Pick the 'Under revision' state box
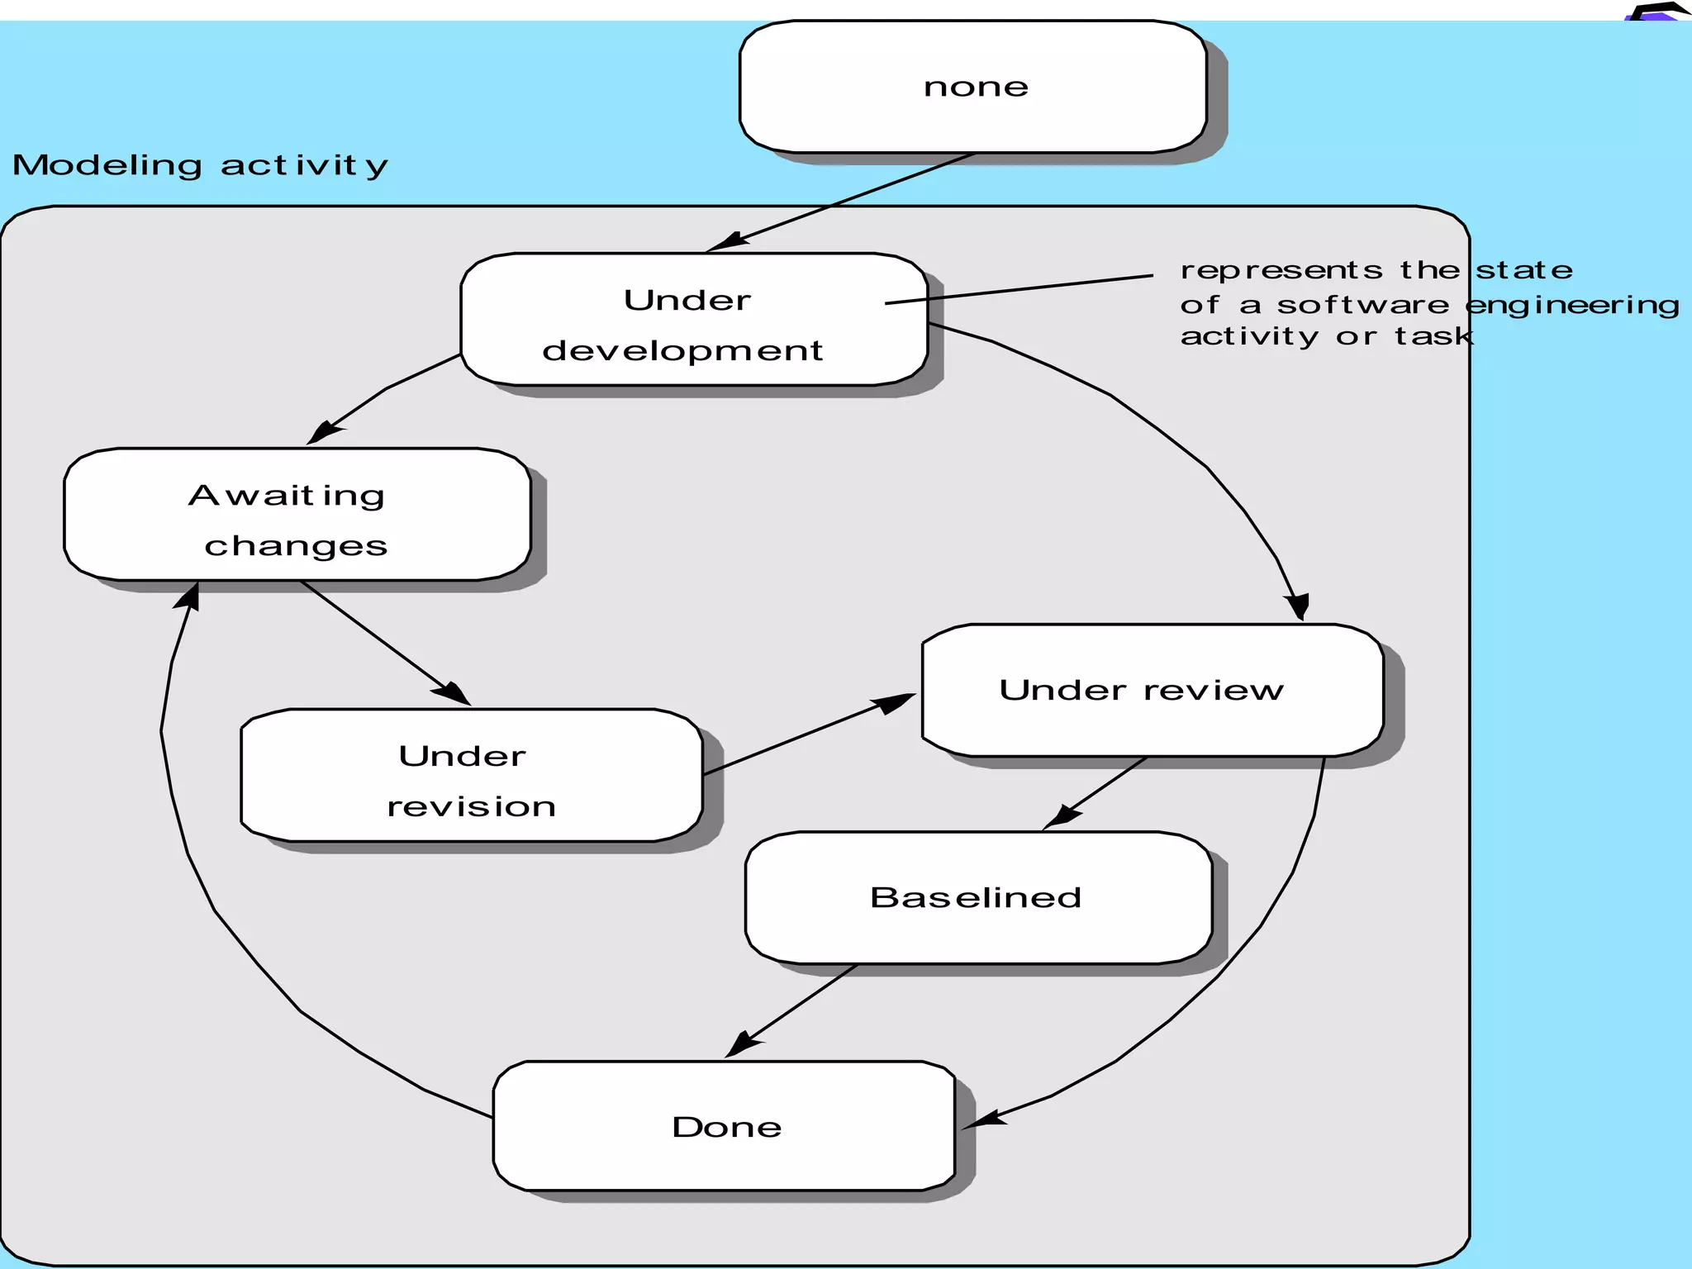click(471, 776)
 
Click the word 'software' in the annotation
click(1362, 305)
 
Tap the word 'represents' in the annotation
click(1281, 270)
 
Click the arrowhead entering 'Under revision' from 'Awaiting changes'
click(452, 693)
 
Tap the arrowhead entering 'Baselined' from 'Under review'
click(1061, 817)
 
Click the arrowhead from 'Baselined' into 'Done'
click(743, 1045)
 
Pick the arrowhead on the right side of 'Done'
click(983, 1120)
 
